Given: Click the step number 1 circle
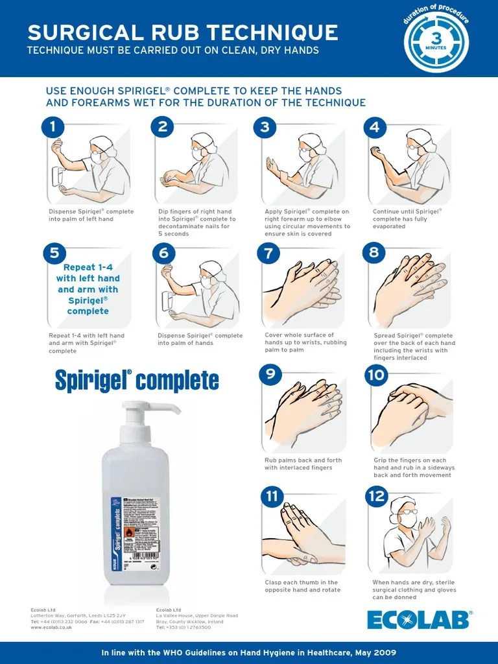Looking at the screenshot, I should click(53, 127).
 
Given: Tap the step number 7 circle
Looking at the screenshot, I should click(268, 252).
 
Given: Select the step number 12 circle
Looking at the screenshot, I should click(377, 497).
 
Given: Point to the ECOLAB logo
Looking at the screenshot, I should click(420, 620).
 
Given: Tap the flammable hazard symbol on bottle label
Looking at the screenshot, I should click(128, 533).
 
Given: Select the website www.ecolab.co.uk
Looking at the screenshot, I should click(51, 628).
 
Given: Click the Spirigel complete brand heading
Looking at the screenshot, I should click(137, 381).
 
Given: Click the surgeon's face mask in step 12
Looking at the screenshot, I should click(409, 519).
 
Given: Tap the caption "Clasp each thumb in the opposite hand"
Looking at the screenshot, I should click(302, 586).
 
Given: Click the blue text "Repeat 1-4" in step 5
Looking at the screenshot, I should click(87, 267).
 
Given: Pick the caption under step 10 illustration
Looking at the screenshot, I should click(414, 468).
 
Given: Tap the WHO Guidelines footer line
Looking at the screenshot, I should click(249, 652).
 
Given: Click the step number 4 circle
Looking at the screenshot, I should click(375, 127).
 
